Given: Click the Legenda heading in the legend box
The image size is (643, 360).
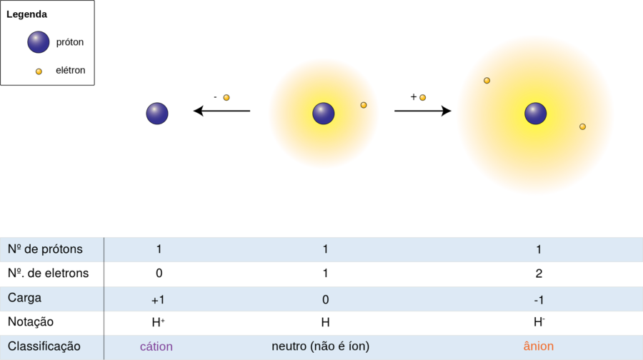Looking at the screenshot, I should [27, 14].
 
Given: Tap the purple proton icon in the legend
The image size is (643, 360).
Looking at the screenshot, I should [39, 42].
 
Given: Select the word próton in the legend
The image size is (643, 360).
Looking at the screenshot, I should [70, 42].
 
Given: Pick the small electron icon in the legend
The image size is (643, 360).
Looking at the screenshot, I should [39, 71].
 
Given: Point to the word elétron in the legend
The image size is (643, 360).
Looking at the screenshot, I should [71, 71].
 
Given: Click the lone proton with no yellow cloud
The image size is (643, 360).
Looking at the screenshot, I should [157, 114].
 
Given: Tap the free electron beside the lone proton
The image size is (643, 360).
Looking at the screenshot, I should [226, 97].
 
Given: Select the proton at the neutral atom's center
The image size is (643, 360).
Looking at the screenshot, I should [324, 114].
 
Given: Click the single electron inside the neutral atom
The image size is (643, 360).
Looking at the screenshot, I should [364, 105].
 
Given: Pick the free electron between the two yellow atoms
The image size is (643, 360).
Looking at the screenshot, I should [422, 97].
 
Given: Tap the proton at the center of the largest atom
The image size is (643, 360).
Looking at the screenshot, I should [536, 114].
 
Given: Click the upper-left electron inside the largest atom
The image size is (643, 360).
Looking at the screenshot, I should [487, 81].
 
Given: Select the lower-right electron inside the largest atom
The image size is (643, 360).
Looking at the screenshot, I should [582, 126].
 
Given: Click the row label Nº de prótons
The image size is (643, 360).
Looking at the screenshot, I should [45, 249].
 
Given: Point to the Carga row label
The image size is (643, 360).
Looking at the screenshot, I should [25, 298].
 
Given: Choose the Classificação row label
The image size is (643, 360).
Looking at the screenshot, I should [44, 346].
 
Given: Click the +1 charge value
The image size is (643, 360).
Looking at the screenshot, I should [158, 300].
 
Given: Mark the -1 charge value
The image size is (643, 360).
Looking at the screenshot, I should [539, 300].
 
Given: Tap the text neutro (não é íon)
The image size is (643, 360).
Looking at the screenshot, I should [321, 346].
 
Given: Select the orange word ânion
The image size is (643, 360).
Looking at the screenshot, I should [539, 346].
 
